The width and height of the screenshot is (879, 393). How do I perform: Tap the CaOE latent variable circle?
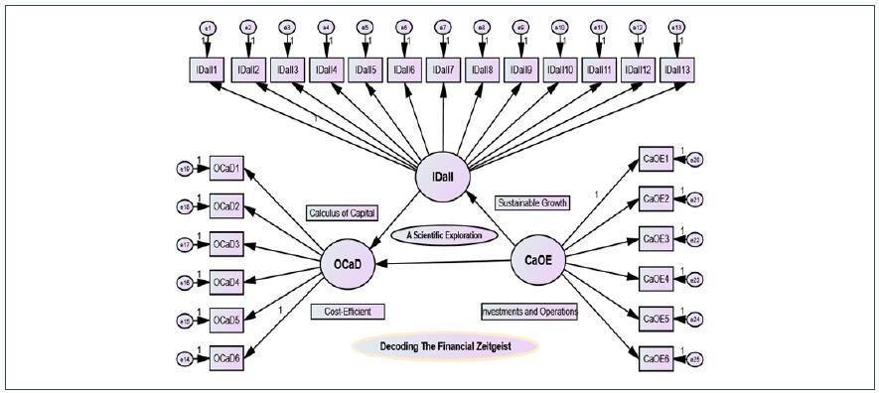coord(537,260)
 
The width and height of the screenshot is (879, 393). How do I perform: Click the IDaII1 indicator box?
coord(208,69)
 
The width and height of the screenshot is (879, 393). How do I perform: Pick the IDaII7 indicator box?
coord(442,69)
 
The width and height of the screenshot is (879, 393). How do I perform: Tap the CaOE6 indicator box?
coord(657,357)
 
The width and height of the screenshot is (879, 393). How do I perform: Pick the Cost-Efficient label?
coord(347,311)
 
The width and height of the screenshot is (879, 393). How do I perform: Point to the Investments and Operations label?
coord(529,311)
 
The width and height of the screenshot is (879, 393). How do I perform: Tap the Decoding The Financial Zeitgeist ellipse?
coord(444,346)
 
